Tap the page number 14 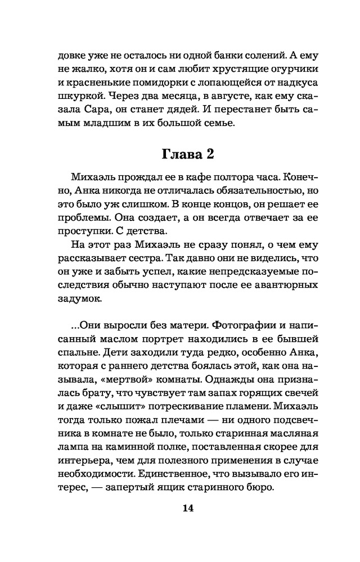(x=188, y=509)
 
